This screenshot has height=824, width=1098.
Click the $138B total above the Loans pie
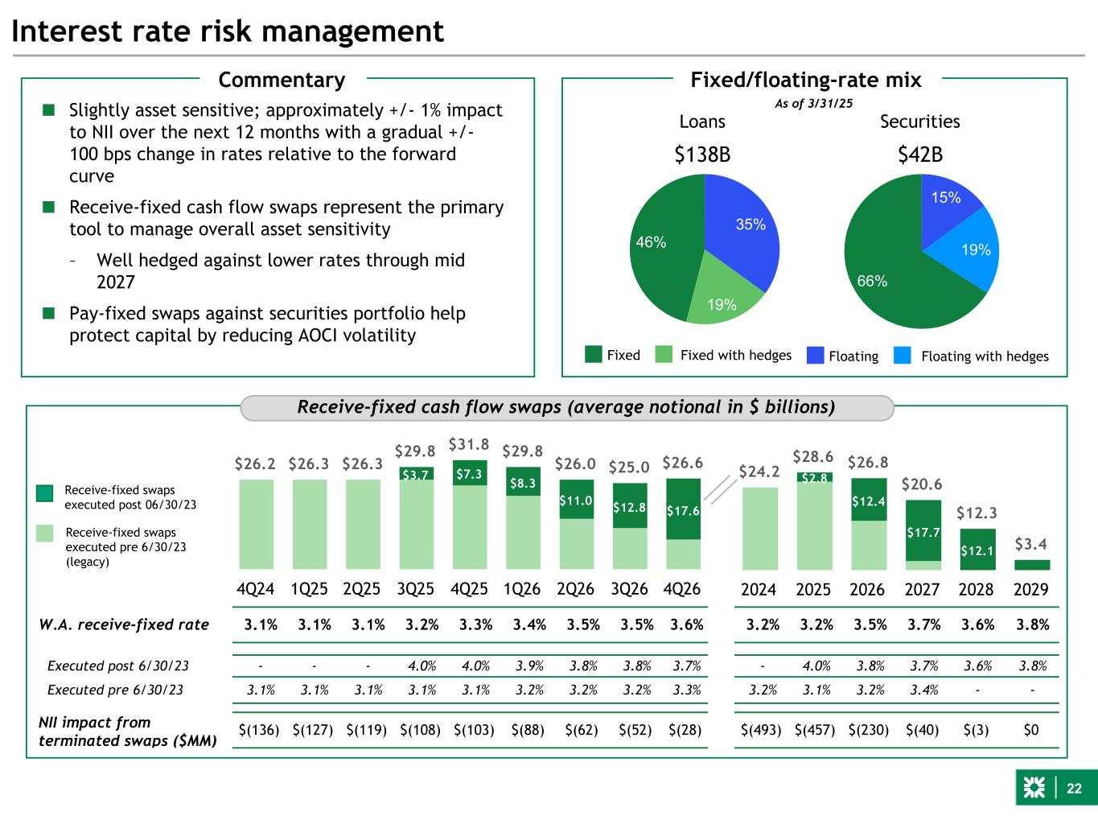(x=702, y=154)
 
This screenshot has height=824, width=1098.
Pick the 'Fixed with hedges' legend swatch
(x=664, y=355)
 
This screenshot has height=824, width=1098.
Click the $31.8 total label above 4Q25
(x=468, y=443)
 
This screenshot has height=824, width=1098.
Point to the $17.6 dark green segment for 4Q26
(x=683, y=509)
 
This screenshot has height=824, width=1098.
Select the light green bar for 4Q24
(x=256, y=524)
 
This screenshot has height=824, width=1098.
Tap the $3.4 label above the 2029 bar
(x=1031, y=543)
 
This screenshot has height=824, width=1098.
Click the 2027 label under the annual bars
(x=922, y=589)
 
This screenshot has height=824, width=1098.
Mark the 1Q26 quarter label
(x=521, y=589)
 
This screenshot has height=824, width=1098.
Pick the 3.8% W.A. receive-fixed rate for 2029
(x=1032, y=625)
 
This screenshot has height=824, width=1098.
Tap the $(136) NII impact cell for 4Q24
(x=259, y=731)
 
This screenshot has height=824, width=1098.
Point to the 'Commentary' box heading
(x=282, y=80)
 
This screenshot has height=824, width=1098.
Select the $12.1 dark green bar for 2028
(x=977, y=550)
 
